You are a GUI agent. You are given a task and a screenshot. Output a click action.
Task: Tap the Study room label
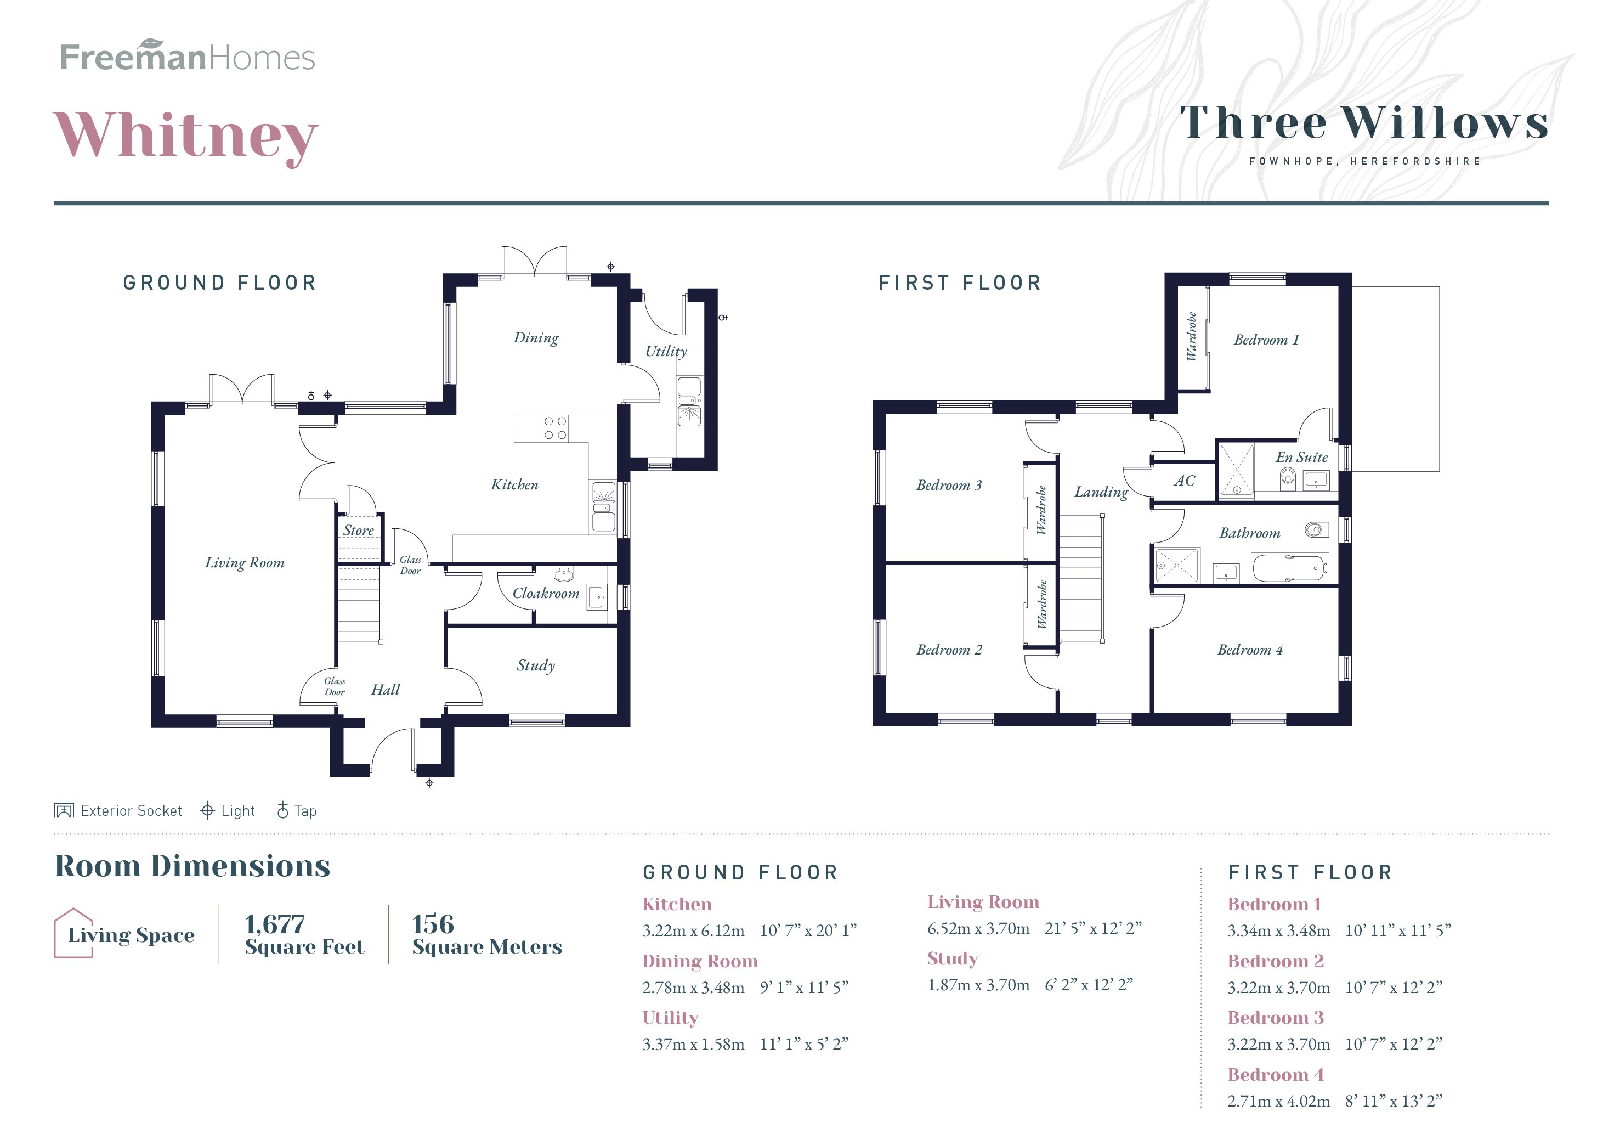pos(535,665)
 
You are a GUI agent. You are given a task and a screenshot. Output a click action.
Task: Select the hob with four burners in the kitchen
pos(555,428)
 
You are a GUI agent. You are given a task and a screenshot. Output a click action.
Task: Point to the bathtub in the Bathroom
pos(1289,568)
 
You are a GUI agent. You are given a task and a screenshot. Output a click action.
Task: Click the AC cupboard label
pos(1184,481)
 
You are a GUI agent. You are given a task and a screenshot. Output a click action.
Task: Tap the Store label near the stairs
pos(358,531)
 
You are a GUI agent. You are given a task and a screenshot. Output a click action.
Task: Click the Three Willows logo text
pos(1363,123)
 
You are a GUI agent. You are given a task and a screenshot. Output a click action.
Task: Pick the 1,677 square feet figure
pos(274,924)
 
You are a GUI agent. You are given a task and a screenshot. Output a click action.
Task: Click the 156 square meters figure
pos(433,924)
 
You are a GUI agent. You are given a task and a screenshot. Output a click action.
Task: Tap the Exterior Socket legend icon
pos(64,811)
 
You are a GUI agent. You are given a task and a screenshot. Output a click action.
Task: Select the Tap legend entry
pos(297,811)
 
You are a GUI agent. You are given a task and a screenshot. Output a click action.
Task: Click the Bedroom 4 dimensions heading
pos(1275,1075)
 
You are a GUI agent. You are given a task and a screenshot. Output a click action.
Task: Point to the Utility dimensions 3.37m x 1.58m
pos(693,1045)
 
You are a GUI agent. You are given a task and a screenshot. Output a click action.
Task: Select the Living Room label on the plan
pos(245,563)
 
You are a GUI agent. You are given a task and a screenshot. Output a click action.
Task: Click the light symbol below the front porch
pos(429,783)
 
